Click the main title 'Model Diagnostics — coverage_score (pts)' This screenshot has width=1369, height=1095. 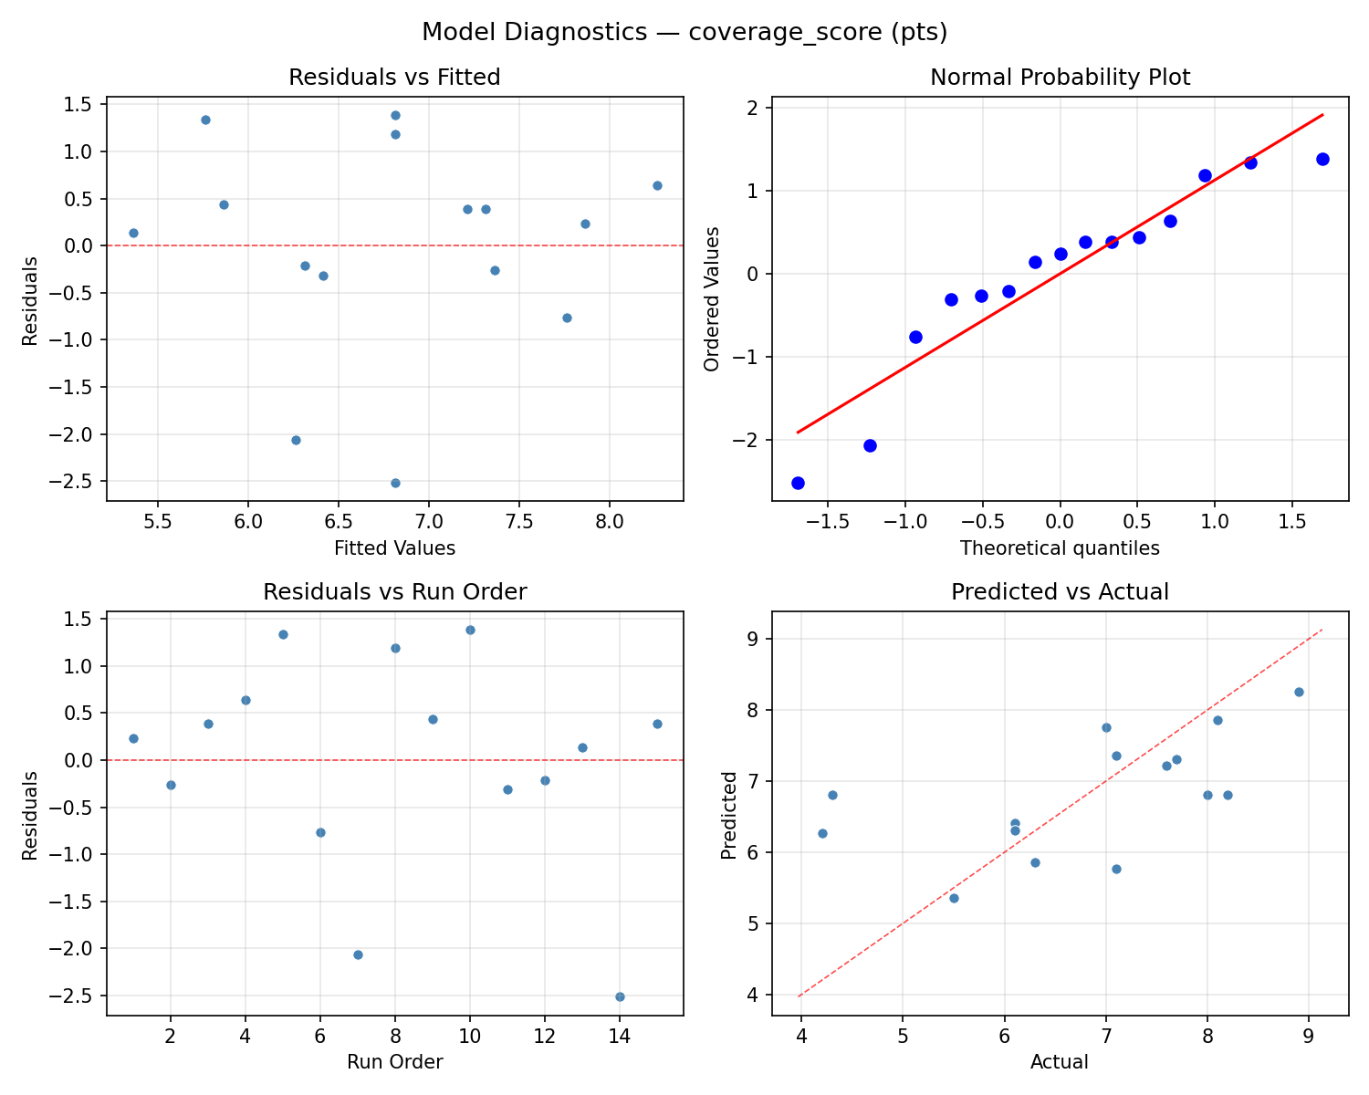pyautogui.click(x=684, y=32)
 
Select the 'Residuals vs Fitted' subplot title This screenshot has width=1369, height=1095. pyautogui.click(x=394, y=78)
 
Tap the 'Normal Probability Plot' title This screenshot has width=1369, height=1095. pyautogui.click(x=1060, y=78)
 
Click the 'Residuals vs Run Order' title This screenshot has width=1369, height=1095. pyautogui.click(x=394, y=592)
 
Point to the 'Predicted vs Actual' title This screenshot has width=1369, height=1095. pyautogui.click(x=1060, y=592)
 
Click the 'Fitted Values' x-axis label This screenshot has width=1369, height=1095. pyautogui.click(x=394, y=548)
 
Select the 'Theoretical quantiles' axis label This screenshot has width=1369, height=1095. pyautogui.click(x=1060, y=548)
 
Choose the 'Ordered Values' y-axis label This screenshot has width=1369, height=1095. pyautogui.click(x=712, y=299)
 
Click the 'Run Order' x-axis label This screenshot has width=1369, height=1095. pyautogui.click(x=394, y=1062)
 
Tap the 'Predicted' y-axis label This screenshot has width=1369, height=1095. pyautogui.click(x=728, y=815)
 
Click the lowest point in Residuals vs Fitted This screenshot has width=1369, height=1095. pyautogui.click(x=395, y=483)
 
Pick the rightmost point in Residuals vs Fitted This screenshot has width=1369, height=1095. pyautogui.click(x=657, y=185)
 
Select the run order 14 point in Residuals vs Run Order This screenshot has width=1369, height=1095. pyautogui.click(x=620, y=996)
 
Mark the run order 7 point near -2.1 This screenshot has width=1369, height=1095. pyautogui.click(x=358, y=954)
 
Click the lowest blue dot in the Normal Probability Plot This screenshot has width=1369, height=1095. pyautogui.click(x=798, y=483)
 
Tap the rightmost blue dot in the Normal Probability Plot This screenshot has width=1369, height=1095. pyautogui.click(x=1322, y=159)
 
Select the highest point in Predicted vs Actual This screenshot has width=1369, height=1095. pyautogui.click(x=1299, y=692)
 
